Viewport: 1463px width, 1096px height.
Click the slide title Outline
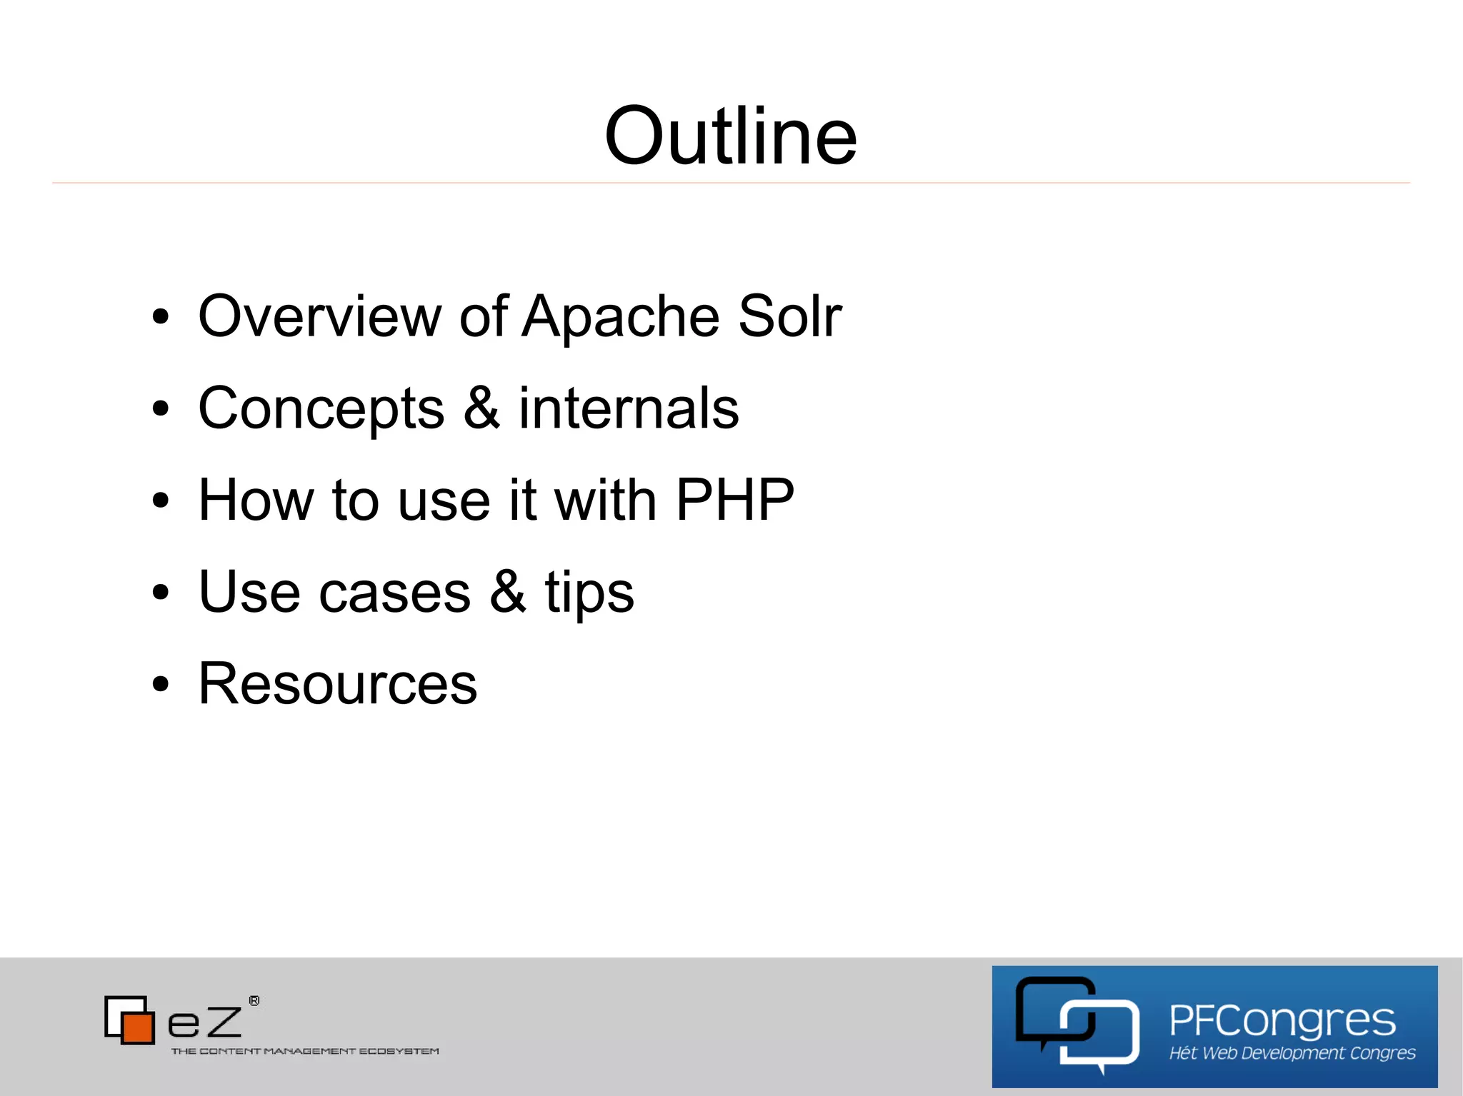(730, 136)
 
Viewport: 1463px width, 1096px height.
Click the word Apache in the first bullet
(620, 316)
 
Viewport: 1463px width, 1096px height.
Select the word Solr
(789, 316)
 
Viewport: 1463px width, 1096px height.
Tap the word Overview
(319, 316)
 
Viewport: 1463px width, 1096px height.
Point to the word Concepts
(321, 409)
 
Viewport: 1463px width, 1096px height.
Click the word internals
(629, 408)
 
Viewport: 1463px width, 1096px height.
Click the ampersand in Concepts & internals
(481, 408)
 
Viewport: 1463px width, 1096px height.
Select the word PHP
(734, 500)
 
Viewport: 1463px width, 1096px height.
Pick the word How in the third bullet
(256, 500)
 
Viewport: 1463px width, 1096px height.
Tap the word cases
(394, 593)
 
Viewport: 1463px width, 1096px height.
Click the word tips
(589, 593)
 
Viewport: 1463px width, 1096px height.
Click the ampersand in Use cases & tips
(507, 591)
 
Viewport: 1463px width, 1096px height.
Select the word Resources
(337, 684)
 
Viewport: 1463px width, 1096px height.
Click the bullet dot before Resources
(161, 684)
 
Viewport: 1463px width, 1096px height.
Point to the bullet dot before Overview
(161, 316)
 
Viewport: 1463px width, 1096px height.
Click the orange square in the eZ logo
(137, 1027)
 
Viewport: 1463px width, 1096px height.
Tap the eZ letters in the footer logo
(205, 1022)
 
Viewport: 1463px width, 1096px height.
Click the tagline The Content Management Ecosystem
(305, 1051)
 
